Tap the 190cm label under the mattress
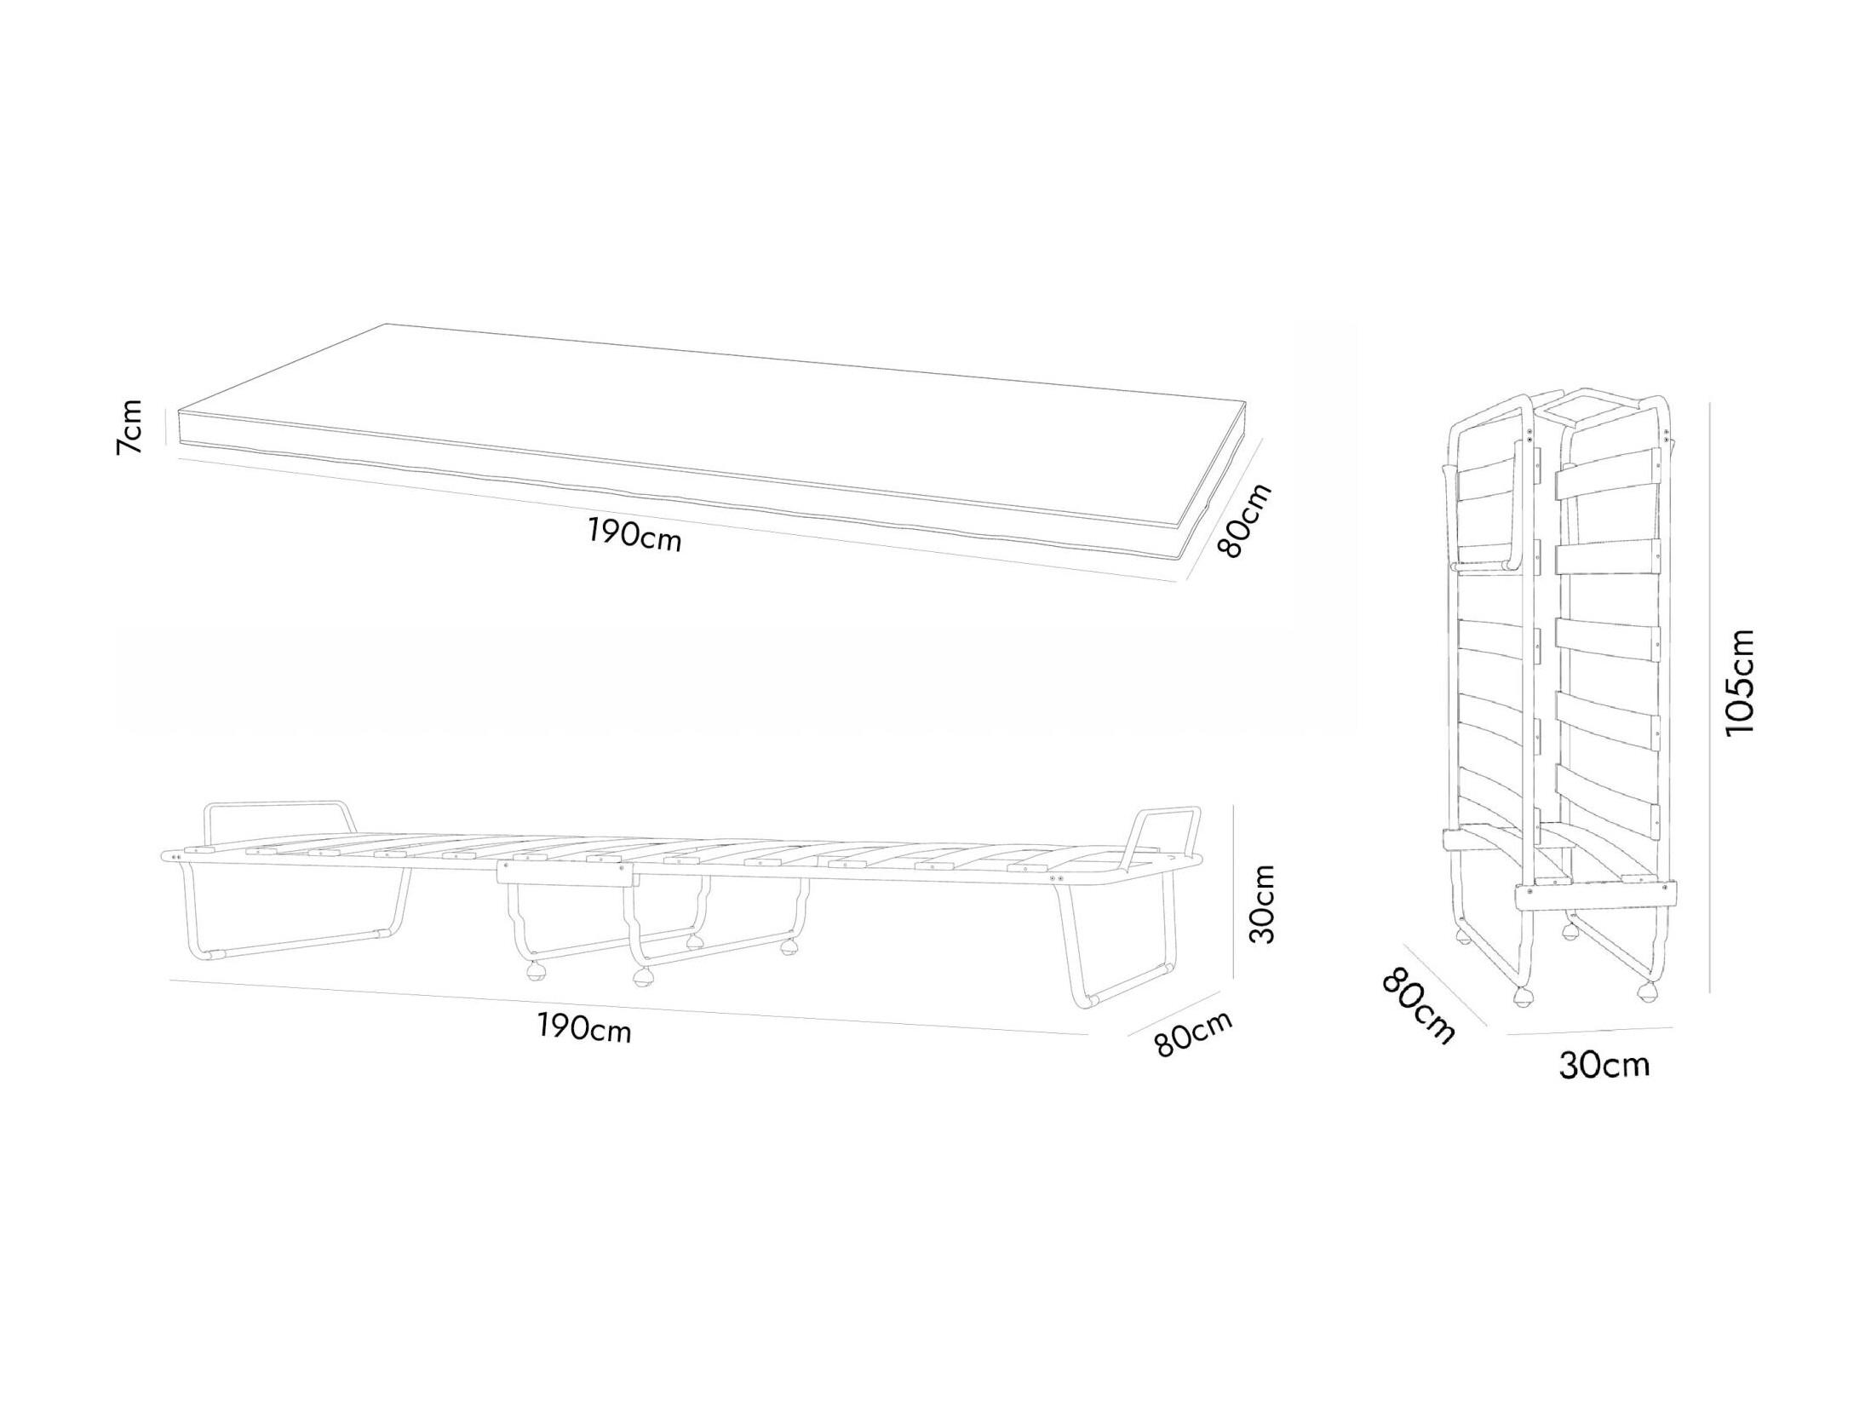634,534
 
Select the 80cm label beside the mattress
1245,520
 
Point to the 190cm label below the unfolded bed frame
584,1028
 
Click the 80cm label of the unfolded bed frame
1194,1033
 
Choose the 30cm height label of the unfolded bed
1263,904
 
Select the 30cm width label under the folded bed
1604,1065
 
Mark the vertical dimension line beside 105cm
1709,699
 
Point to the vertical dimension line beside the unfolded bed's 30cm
1234,894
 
